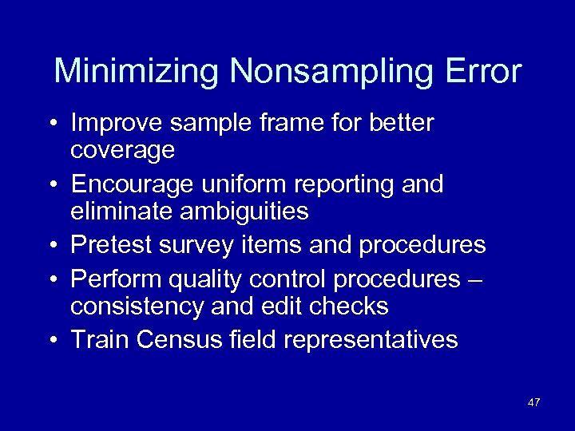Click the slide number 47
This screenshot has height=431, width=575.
533,401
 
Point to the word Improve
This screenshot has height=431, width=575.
114,125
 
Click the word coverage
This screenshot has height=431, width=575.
122,151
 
